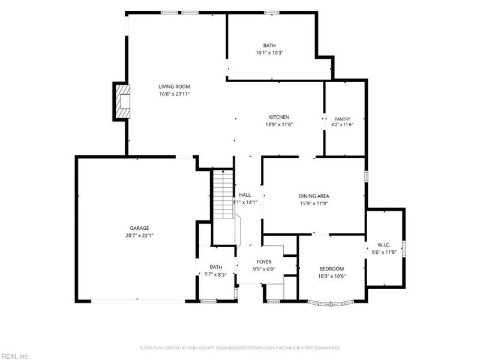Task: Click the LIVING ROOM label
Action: click(174, 86)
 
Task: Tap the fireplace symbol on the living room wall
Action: click(122, 101)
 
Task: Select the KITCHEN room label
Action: click(279, 117)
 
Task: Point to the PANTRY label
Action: click(342, 119)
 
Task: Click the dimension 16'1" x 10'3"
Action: click(269, 53)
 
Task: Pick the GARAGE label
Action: click(139, 228)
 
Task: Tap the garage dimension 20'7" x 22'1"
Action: click(139, 235)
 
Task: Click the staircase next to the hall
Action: click(223, 194)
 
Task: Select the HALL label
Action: click(245, 195)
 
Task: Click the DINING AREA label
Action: click(314, 196)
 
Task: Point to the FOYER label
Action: click(264, 262)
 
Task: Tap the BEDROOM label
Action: click(332, 269)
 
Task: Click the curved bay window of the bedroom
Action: click(331, 304)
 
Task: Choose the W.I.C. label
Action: click(384, 245)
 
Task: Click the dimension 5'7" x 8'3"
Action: click(215, 275)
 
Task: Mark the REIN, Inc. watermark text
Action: click(14, 356)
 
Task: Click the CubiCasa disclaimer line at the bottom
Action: click(240, 348)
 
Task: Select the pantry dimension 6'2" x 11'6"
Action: click(342, 125)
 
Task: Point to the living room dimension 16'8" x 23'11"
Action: click(174, 94)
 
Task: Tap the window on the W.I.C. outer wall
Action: click(404, 248)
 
